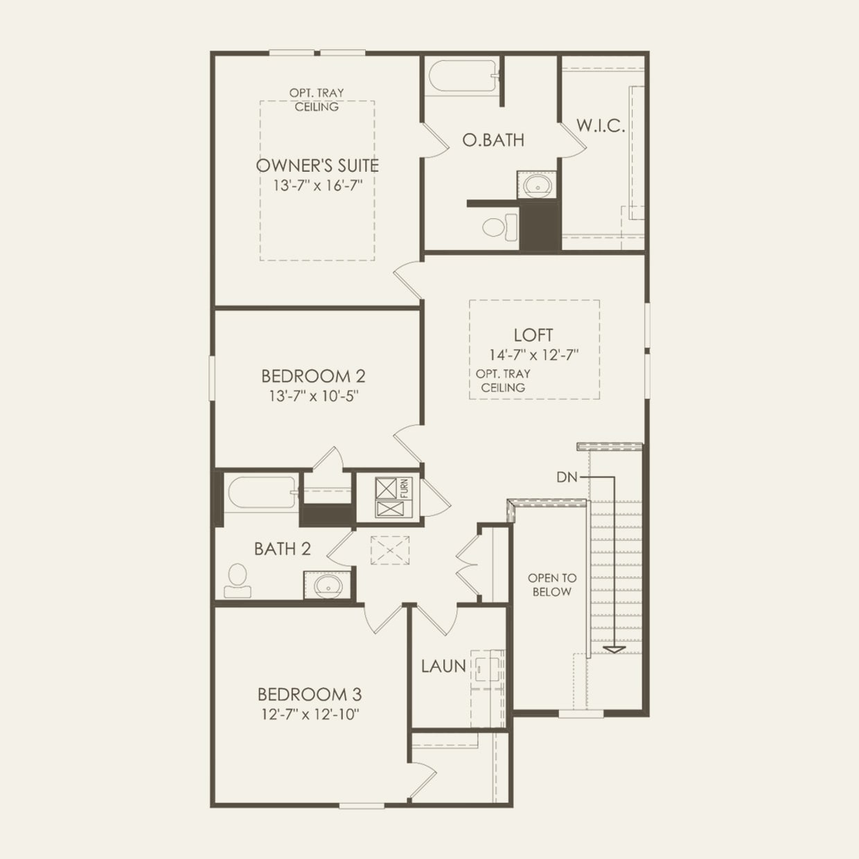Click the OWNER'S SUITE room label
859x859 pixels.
click(317, 166)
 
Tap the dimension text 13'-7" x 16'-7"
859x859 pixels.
click(317, 186)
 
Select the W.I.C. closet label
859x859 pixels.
click(601, 126)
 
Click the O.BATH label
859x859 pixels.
click(493, 140)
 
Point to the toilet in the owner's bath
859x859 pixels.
click(499, 227)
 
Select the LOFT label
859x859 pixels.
click(533, 335)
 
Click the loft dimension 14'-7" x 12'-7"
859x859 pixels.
click(533, 355)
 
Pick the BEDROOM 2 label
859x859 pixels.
click(313, 376)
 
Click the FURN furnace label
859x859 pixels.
click(405, 488)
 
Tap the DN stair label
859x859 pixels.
click(567, 477)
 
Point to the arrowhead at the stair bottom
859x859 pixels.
click(614, 649)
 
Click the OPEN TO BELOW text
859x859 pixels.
click(552, 585)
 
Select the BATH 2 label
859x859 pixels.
click(282, 549)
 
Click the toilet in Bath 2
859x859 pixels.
click(237, 580)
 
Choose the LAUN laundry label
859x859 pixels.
click(443, 666)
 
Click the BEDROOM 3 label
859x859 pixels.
click(310, 694)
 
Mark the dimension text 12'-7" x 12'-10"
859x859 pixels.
click(310, 714)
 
